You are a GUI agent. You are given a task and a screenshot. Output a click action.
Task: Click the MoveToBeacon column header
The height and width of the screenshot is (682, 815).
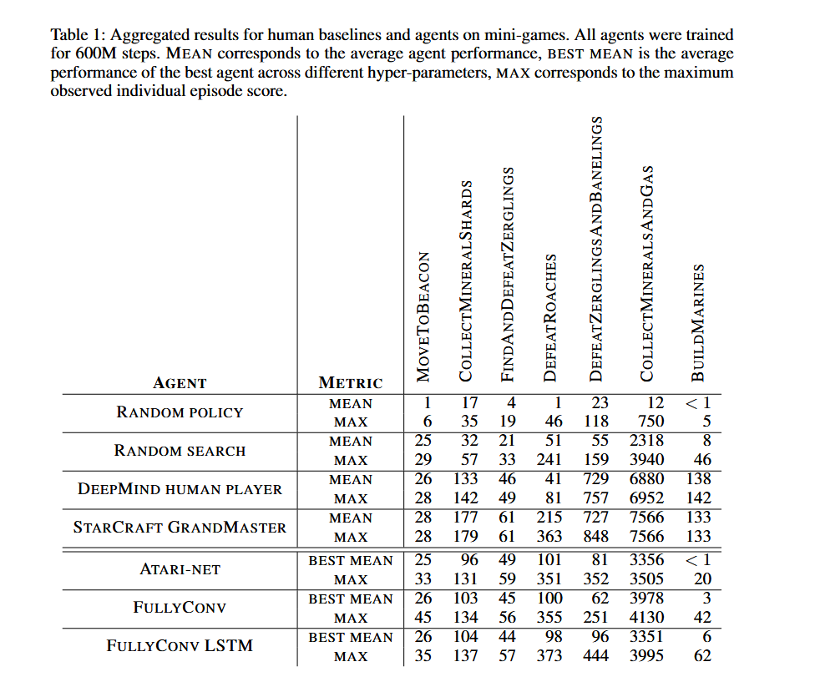[x=423, y=317]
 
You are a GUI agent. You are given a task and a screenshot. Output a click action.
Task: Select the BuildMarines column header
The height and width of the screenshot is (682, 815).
[x=699, y=324]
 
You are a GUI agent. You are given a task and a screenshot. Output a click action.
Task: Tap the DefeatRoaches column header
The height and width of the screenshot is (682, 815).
[x=550, y=319]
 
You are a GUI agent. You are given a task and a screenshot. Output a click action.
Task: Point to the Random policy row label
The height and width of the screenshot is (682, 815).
[x=180, y=412]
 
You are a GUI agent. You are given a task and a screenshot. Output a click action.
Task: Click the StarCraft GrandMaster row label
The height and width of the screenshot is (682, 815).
[x=180, y=528]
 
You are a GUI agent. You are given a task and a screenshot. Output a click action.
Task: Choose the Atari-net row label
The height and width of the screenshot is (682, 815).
[x=180, y=570]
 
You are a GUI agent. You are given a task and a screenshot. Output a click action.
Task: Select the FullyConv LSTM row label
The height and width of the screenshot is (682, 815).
[x=180, y=646]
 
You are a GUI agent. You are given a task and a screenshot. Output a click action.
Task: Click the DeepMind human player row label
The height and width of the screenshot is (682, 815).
[x=180, y=489]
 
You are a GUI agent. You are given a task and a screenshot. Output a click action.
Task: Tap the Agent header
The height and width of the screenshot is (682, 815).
[x=180, y=383]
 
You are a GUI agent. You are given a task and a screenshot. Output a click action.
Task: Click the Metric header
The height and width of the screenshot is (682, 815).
[x=351, y=383]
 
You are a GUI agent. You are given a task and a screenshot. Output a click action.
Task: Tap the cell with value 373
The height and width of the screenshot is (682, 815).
[x=549, y=656]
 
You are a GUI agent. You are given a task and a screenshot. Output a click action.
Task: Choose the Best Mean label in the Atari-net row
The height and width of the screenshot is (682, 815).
[x=351, y=561]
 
